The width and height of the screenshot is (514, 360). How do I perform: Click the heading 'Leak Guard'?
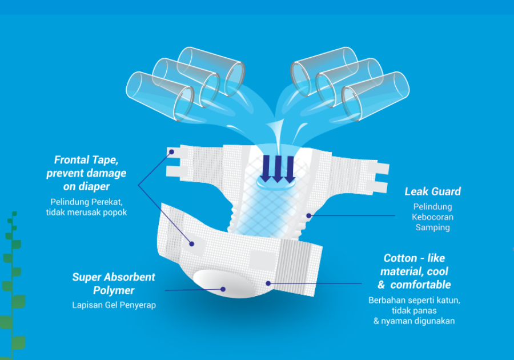[x=432, y=191]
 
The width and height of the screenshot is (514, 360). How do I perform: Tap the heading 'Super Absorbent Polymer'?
[x=114, y=283]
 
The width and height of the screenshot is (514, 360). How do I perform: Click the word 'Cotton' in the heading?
[x=400, y=258]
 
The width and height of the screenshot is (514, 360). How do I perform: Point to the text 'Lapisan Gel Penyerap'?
[x=114, y=305]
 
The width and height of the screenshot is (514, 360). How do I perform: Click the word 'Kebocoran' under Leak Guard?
[x=432, y=217]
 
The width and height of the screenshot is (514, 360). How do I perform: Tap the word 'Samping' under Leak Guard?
[x=432, y=227]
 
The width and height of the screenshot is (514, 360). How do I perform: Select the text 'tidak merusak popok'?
[x=86, y=213]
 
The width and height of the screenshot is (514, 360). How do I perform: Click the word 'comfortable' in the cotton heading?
[x=420, y=285]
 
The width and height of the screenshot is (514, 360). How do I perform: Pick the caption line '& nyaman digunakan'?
[x=414, y=321]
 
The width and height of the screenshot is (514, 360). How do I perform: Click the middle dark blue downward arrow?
[x=278, y=169]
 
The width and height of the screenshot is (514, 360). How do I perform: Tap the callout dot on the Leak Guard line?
[x=309, y=215]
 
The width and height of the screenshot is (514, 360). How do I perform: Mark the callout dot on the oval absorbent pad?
[x=223, y=289]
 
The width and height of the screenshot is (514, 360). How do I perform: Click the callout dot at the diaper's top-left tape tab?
[x=171, y=152]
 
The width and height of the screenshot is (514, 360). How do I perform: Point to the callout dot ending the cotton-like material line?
[x=268, y=283]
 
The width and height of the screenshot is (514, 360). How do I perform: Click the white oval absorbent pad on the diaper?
[x=222, y=283]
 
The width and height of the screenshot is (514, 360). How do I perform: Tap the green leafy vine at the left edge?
[x=13, y=285]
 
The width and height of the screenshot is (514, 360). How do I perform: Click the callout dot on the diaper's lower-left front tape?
[x=192, y=243]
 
